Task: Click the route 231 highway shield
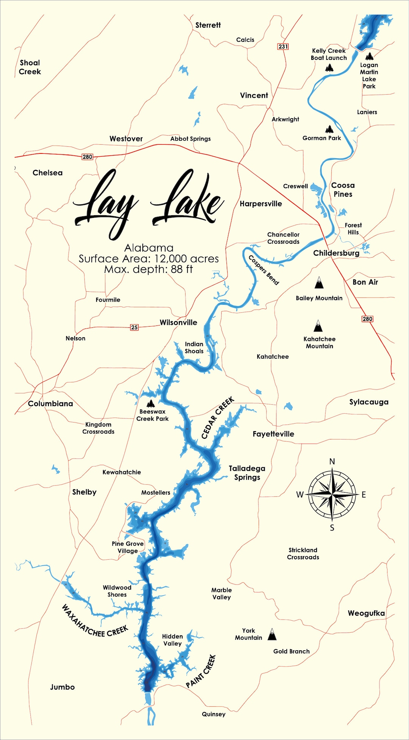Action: point(283,46)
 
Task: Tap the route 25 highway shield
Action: point(134,327)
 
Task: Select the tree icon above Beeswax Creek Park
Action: point(151,403)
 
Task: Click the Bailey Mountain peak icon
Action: point(319,283)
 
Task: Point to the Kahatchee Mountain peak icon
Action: point(318,326)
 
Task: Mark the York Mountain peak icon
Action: point(272,634)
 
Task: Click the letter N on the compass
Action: point(332,461)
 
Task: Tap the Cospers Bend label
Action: point(264,270)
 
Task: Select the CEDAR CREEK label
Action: point(218,418)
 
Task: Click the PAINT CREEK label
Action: point(201,671)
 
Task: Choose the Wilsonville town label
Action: point(178,322)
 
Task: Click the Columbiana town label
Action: point(50,404)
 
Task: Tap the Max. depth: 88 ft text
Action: point(148,269)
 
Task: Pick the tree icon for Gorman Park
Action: point(329,129)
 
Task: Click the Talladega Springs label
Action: point(247,473)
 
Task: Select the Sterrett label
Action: point(208,25)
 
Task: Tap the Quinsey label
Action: point(214,714)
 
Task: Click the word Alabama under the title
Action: point(149,248)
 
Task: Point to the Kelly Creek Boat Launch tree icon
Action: point(329,68)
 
